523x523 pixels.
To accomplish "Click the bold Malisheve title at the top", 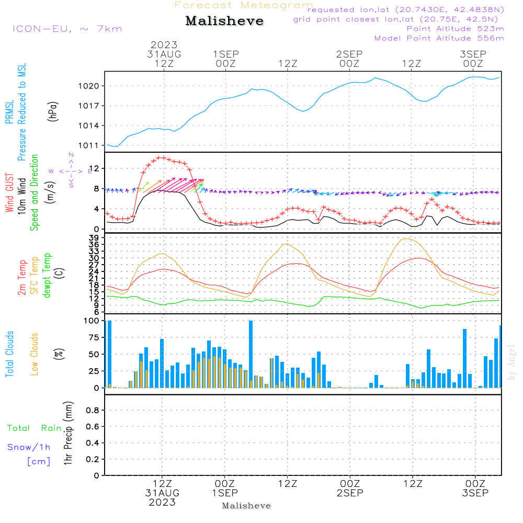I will click(x=224, y=21).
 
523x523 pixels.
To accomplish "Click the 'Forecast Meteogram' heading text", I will click(x=244, y=6).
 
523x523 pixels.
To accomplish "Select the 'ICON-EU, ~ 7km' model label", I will click(x=67, y=29).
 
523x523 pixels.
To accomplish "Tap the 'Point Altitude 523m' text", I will click(x=455, y=29).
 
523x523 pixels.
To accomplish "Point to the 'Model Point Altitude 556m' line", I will click(x=439, y=38).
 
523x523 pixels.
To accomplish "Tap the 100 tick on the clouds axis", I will click(x=92, y=321).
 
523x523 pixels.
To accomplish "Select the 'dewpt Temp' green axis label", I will click(x=47, y=276).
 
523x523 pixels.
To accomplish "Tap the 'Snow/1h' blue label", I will click(x=29, y=448).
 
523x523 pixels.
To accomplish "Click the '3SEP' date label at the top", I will click(x=473, y=54).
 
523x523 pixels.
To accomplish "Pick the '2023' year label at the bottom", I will click(x=162, y=503).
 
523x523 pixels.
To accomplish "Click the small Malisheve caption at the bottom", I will click(x=246, y=506).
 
